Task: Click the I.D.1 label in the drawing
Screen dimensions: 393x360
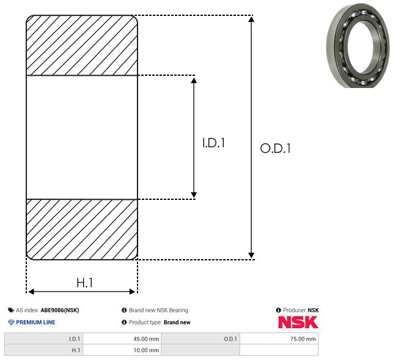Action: [213, 143]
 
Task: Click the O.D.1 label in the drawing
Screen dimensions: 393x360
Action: [275, 148]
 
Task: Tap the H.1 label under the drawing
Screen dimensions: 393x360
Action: [85, 283]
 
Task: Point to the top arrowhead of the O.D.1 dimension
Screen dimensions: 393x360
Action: [251, 20]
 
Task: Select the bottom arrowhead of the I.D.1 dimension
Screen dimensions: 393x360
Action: [194, 194]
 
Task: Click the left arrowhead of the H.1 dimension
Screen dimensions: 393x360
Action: [31, 292]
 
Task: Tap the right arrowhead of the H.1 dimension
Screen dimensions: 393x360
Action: [132, 292]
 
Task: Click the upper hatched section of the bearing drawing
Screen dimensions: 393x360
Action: [82, 45]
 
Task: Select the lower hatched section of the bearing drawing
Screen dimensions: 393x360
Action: [82, 229]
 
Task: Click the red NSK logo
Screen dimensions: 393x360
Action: [298, 322]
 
